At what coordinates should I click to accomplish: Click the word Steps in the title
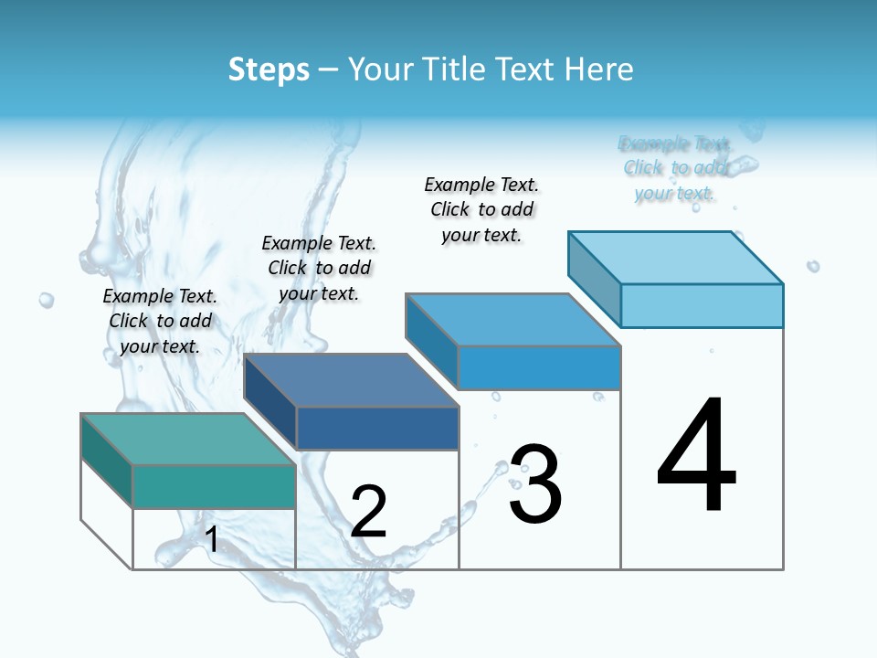click(269, 69)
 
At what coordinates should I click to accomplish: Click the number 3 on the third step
click(535, 484)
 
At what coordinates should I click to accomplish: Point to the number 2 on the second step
click(369, 512)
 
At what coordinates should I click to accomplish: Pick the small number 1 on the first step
click(212, 540)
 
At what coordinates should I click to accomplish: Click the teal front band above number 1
click(214, 486)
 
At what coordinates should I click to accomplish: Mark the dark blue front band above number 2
click(376, 428)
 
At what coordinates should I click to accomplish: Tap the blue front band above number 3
click(539, 367)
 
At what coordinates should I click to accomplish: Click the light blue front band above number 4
click(702, 305)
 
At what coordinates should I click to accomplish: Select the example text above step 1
click(160, 321)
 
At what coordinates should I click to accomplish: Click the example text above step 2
click(319, 268)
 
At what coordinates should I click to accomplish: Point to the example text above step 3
click(481, 209)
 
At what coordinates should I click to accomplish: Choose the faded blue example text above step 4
click(675, 168)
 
